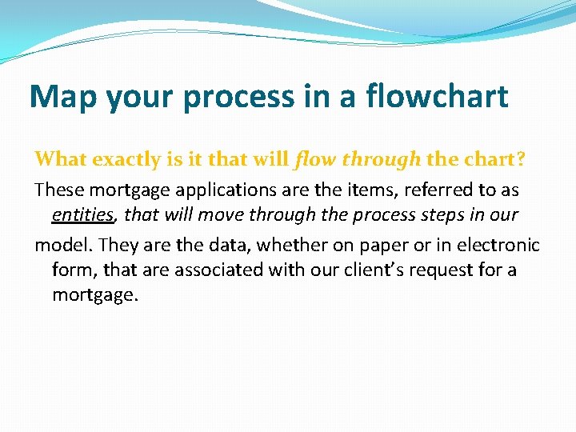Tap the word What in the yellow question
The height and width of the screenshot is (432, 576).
(61, 159)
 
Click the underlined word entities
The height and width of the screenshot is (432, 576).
(83, 215)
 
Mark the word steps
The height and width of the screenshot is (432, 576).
(439, 215)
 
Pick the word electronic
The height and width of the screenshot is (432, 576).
(499, 245)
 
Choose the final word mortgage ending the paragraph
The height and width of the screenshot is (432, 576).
(94, 295)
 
